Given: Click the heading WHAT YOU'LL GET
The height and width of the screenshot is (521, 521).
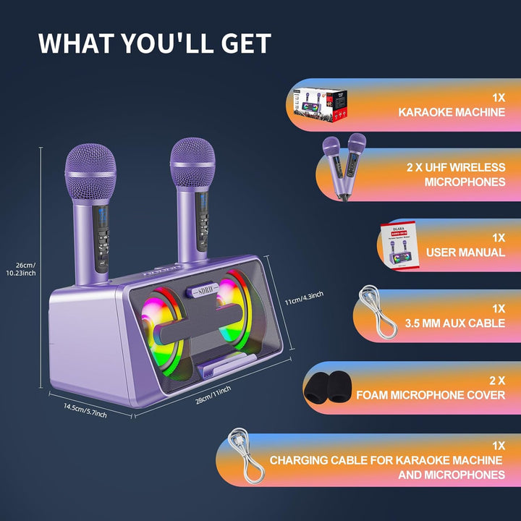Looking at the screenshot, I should (154, 43).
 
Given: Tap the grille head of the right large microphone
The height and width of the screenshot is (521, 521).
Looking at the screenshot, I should (193, 166).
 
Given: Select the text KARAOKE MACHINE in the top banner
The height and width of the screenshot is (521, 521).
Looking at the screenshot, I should (452, 113).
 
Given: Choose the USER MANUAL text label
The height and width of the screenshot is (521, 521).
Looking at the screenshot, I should (465, 252).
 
